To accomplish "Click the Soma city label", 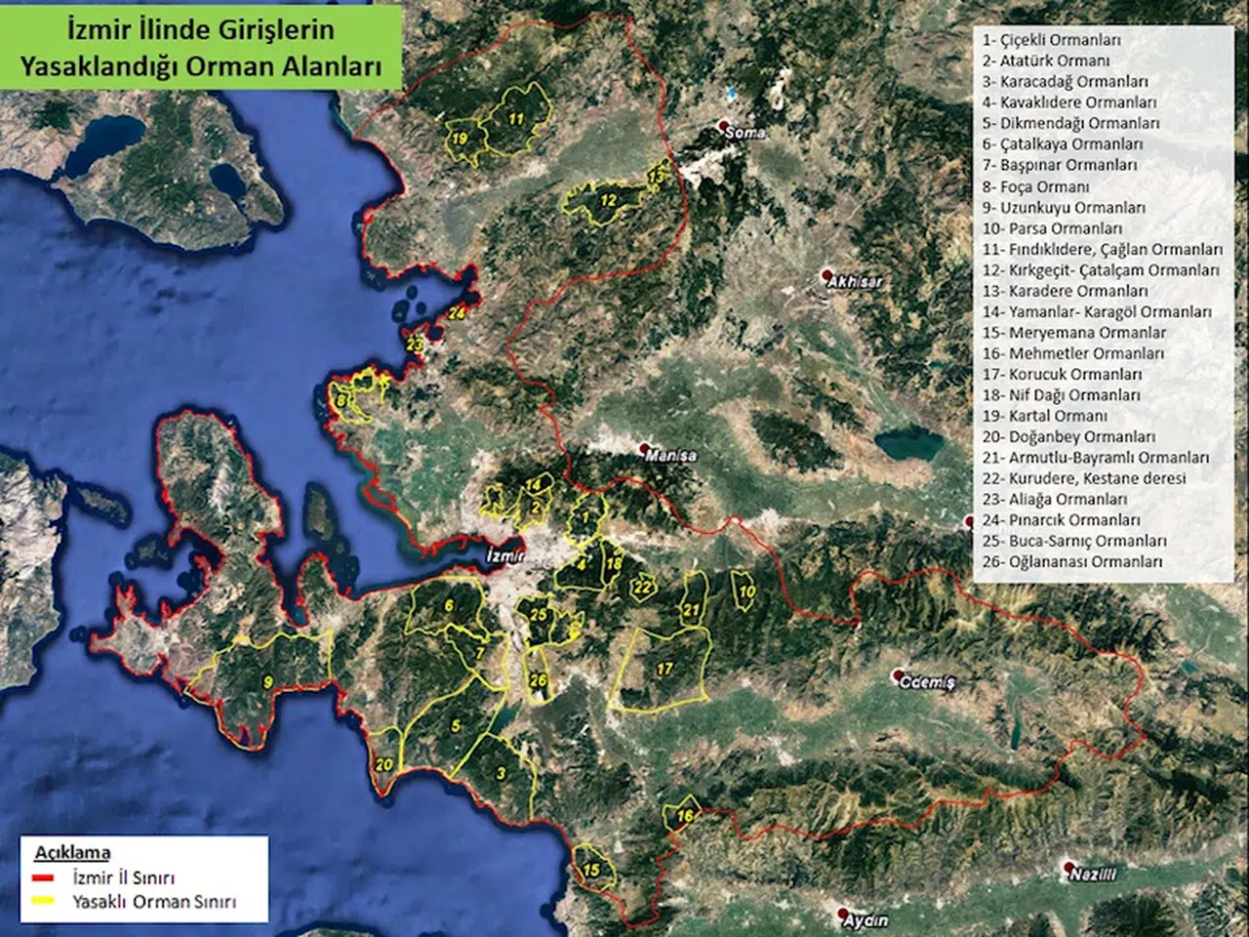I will tap(746, 132).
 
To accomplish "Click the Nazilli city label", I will tap(1092, 875).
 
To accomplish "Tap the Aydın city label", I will tap(866, 920).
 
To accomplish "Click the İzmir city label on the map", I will tap(504, 556).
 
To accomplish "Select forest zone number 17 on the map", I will tap(665, 670).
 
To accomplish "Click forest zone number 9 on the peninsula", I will tap(267, 683).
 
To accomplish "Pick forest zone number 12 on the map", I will tap(608, 201).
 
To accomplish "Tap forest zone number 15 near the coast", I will tap(591, 870).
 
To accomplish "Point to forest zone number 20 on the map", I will tap(384, 764).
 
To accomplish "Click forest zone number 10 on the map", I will tap(746, 591).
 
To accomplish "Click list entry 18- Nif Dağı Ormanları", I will tap(1061, 395).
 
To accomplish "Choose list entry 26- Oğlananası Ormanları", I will tap(1072, 562).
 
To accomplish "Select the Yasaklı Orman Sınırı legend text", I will tap(154, 902).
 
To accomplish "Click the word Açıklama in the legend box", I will tap(72, 852).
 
